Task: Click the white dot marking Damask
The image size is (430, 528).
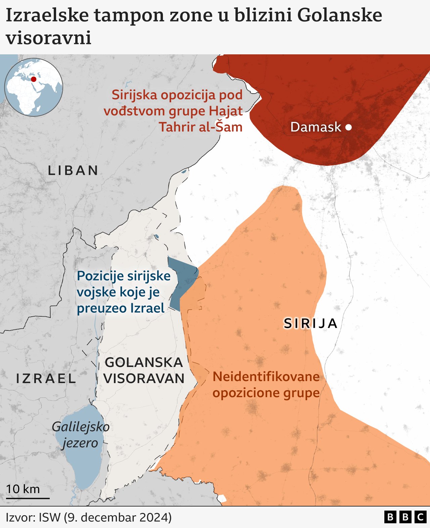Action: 348,127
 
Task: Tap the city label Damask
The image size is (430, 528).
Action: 315,127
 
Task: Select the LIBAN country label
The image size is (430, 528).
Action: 73,171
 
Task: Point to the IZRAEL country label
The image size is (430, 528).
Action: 46,379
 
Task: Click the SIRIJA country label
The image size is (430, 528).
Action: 310,324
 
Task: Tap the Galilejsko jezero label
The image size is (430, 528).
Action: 81,435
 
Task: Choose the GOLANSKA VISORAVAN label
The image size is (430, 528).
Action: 144,371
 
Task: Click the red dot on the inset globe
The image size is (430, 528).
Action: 34,79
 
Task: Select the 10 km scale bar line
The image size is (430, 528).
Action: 28,498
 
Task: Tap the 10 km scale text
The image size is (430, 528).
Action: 23,489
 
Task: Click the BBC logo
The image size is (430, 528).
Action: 405,517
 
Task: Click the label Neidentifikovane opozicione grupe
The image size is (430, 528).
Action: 266,385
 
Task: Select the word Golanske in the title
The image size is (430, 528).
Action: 340,15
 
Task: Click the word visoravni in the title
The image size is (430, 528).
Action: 49,38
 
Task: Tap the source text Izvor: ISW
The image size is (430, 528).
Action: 33,517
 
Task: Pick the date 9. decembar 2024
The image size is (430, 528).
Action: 118,517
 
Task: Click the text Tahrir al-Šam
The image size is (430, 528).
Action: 201,127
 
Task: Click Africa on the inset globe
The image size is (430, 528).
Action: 24,96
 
